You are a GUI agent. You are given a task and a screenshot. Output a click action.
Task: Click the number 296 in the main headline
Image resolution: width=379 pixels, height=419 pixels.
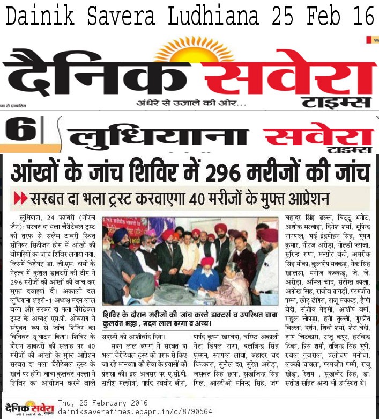(248, 173)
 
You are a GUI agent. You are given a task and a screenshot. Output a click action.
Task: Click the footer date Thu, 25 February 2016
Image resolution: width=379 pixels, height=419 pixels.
(103, 402)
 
